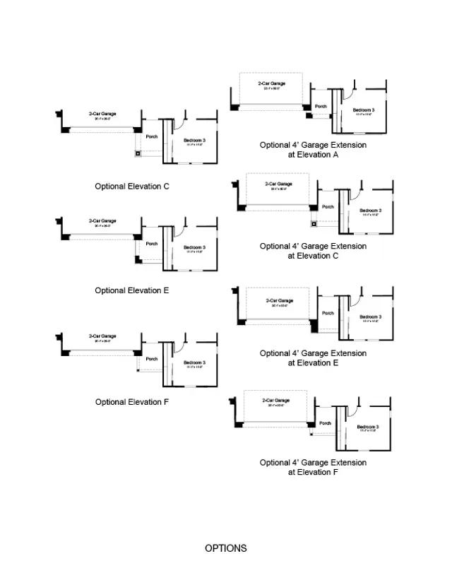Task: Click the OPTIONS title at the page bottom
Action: (x=226, y=548)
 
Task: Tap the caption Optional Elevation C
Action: (x=132, y=187)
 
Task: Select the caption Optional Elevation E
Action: (x=132, y=290)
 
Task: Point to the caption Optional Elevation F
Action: (x=132, y=402)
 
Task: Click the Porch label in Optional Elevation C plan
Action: (x=152, y=137)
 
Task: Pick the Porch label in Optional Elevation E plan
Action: (x=152, y=244)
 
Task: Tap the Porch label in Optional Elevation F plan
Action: (x=152, y=359)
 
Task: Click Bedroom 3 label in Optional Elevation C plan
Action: (x=194, y=141)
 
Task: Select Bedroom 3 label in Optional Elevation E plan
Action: (x=194, y=247)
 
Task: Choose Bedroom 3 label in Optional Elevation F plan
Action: (x=194, y=363)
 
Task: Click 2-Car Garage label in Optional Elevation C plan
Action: (x=102, y=114)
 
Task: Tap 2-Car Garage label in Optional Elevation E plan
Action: (x=102, y=221)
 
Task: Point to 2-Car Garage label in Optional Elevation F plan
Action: (x=102, y=336)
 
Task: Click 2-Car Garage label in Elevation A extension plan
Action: (x=272, y=84)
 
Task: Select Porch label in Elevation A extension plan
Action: (x=321, y=107)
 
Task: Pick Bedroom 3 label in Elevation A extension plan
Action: (x=364, y=110)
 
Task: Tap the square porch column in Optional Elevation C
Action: (x=139, y=153)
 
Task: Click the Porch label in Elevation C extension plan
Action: (x=328, y=207)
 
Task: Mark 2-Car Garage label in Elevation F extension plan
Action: (x=276, y=401)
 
